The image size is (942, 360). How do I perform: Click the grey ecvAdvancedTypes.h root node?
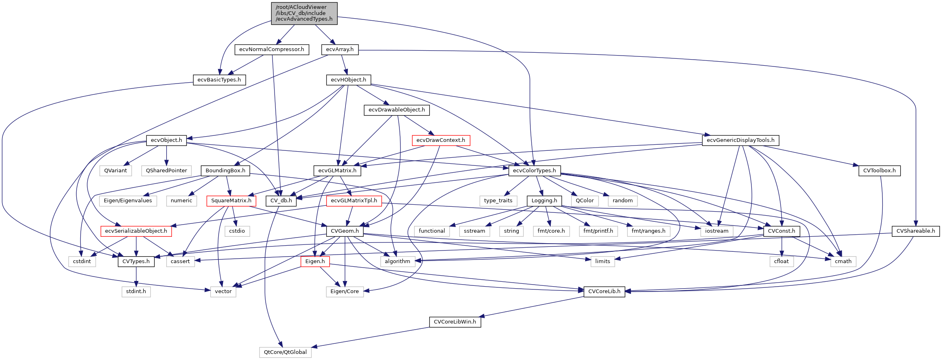pyautogui.click(x=304, y=13)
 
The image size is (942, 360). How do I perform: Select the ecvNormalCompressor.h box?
pyautogui.click(x=272, y=49)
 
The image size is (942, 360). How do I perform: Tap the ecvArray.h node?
pyautogui.click(x=340, y=49)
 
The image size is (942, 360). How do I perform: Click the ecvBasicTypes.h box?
pyautogui.click(x=219, y=80)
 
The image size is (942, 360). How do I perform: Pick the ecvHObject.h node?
pyautogui.click(x=348, y=80)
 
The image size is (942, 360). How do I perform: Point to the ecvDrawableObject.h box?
pyautogui.click(x=397, y=110)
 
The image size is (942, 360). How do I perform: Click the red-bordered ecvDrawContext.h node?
pyautogui.click(x=441, y=140)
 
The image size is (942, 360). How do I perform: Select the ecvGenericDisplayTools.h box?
pyautogui.click(x=740, y=140)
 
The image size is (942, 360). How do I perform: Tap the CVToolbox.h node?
pyautogui.click(x=879, y=171)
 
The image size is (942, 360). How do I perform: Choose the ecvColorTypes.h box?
pyautogui.click(x=534, y=171)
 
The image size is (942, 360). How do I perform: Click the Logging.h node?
pyautogui.click(x=544, y=201)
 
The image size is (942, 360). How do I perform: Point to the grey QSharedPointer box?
pyautogui.click(x=167, y=171)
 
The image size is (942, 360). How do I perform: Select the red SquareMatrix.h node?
pyautogui.click(x=231, y=201)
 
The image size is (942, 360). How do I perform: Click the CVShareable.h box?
pyautogui.click(x=916, y=231)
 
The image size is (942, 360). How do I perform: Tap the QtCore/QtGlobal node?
pyautogui.click(x=285, y=352)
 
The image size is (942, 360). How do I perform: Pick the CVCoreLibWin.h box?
pyautogui.click(x=455, y=322)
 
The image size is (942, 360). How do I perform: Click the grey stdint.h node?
pyautogui.click(x=136, y=291)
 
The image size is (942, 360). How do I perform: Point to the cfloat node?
pyautogui.click(x=781, y=261)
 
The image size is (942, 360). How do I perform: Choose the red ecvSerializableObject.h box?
pyautogui.click(x=136, y=231)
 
